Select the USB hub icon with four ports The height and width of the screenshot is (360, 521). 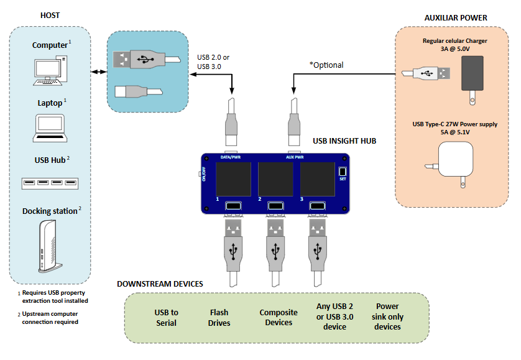click(x=50, y=183)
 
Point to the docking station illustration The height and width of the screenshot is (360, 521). click(x=50, y=246)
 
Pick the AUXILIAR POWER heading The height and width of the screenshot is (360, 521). click(x=456, y=17)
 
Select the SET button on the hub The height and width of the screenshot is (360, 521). click(x=342, y=172)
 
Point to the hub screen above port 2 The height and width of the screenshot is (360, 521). click(x=275, y=179)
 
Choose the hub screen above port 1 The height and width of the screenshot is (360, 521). click(x=233, y=179)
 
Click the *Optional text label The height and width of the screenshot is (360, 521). click(x=326, y=65)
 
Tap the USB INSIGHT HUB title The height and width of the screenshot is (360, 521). click(x=344, y=141)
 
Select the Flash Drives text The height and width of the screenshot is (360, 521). click(x=219, y=318)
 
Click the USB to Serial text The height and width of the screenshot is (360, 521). click(x=166, y=318)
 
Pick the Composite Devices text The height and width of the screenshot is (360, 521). click(x=278, y=317)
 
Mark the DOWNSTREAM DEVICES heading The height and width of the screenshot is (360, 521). click(x=160, y=284)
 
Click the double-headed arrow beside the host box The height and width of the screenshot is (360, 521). click(x=98, y=72)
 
